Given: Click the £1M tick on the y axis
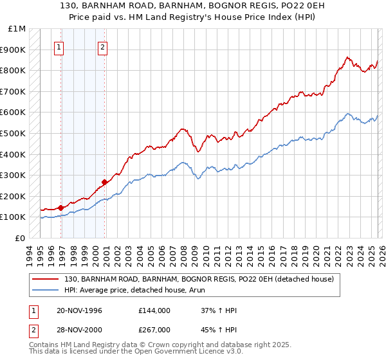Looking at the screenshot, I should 17,29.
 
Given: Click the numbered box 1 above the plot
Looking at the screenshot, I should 59,46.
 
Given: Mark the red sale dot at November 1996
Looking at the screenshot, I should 60,208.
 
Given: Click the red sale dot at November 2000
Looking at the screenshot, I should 105,182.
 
